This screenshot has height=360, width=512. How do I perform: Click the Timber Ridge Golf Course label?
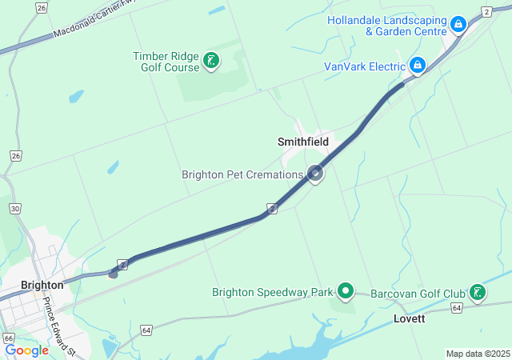pos(165,62)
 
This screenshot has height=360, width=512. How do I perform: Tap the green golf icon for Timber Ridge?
pos(211,61)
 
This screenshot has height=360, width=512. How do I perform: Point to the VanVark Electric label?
pos(364,66)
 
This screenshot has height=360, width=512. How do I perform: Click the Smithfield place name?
pos(303,142)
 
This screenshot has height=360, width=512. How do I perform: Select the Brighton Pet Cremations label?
pos(242,174)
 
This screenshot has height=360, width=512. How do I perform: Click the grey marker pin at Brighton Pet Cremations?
pos(316,173)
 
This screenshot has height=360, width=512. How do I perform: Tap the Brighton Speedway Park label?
pos(272,292)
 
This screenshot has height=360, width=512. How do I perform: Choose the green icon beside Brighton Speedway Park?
pos(346,291)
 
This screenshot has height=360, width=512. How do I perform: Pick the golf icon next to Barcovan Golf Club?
pos(478,292)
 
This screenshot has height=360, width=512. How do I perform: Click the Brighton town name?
pos(42,285)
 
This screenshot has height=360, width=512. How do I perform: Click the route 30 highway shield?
pos(15,208)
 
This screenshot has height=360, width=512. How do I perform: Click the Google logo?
pos(26,350)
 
